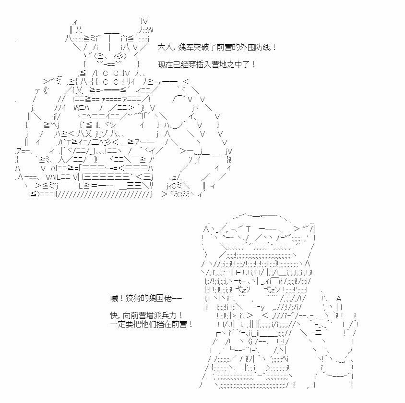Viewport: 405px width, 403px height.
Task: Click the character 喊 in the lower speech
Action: pos(114,299)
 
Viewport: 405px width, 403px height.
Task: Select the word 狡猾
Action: pos(133,299)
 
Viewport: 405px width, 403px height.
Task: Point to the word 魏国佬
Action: pos(160,299)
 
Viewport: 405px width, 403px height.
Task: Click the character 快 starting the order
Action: pos(114,315)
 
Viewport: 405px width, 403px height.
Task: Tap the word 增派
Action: pos(154,315)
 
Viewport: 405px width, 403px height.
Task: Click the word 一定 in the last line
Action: pos(118,324)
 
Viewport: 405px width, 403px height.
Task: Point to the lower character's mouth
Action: pos(259,307)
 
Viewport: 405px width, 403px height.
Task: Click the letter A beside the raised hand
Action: pos(339,299)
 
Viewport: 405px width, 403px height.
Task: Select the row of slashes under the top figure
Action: pos(103,194)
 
